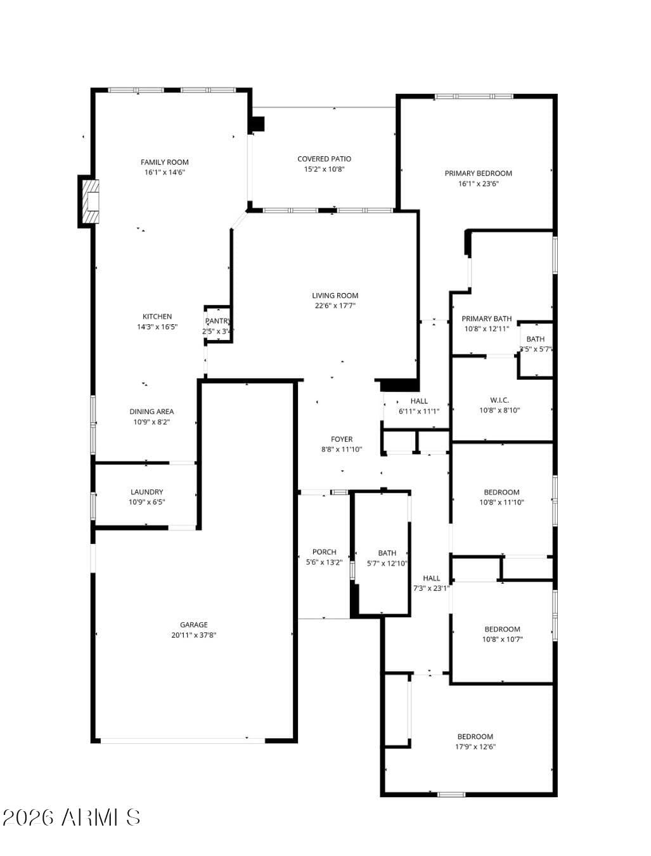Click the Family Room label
164,162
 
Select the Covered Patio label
324,159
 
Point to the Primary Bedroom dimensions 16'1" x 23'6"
478,184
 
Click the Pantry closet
217,325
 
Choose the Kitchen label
157,317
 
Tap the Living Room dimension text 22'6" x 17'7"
335,306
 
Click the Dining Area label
151,412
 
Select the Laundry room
146,496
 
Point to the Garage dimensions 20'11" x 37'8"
194,635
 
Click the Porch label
324,552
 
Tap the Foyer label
342,439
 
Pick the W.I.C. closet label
500,400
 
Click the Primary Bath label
486,319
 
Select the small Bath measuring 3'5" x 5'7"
536,344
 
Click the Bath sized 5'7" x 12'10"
387,558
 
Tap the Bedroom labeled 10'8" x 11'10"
501,497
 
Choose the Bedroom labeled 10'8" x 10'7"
502,634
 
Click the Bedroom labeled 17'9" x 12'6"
475,741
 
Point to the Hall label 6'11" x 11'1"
418,406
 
